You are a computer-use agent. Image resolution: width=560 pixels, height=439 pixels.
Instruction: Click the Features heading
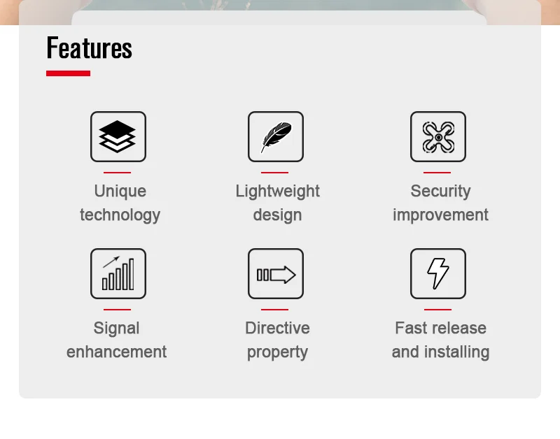90,48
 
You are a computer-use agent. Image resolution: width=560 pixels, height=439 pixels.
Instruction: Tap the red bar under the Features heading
68,73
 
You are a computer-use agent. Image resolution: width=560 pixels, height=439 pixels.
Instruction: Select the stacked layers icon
118,136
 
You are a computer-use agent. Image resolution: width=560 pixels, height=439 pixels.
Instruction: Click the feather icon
276,137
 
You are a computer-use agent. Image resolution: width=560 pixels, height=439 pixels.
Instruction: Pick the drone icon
438,137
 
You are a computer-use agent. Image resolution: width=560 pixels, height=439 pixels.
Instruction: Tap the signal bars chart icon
118,273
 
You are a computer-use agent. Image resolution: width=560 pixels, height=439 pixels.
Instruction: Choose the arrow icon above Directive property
276,275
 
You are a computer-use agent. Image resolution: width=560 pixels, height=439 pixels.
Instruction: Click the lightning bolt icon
438,273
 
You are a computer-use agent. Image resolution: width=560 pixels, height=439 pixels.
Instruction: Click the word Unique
120,191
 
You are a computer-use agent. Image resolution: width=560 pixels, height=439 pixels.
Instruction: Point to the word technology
120,215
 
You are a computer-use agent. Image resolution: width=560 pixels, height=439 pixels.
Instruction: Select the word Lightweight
277,192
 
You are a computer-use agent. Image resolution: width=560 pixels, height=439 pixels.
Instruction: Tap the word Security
440,192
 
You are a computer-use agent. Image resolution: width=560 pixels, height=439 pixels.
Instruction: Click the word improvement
440,215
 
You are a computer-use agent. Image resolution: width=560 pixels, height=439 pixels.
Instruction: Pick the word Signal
116,329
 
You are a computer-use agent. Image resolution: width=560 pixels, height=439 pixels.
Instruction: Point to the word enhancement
116,352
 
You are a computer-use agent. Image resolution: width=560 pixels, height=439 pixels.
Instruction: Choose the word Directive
277,328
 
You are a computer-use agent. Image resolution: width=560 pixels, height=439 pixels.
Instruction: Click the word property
277,353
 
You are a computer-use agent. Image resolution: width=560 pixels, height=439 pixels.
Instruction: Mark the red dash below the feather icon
274,173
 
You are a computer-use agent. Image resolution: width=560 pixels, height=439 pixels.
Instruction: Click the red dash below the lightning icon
438,310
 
